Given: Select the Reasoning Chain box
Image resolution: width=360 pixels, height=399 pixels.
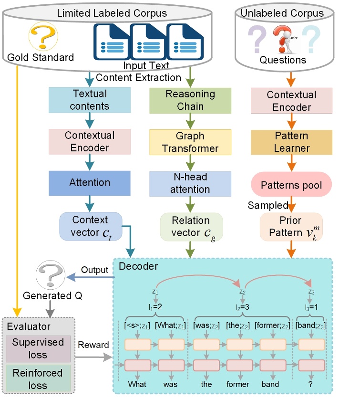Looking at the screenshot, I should (190, 100).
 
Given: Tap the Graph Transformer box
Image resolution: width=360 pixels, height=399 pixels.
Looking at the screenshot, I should (190, 142).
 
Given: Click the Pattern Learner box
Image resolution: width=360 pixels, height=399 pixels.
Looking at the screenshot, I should (291, 142).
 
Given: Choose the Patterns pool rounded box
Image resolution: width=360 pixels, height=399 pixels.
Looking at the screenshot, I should (291, 184).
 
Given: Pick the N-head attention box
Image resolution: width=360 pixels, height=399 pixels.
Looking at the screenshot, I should (190, 183).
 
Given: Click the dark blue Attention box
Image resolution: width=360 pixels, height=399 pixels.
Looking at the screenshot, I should (89, 183).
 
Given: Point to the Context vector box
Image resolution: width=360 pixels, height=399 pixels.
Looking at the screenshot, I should (91, 226).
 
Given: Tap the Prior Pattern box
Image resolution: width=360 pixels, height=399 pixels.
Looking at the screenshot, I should (291, 226).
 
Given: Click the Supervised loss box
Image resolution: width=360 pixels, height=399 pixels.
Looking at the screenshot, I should (38, 348).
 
